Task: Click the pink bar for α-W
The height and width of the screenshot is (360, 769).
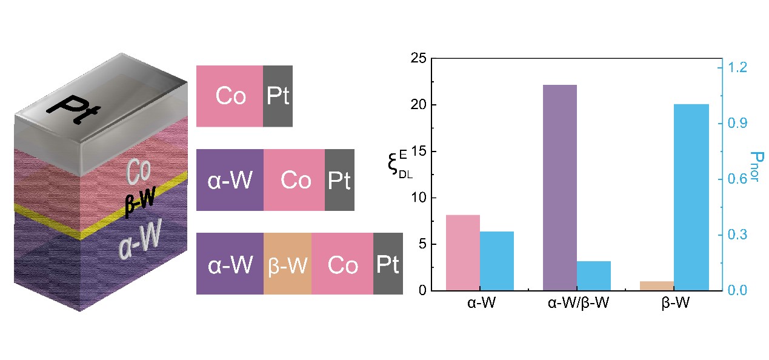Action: click(x=462, y=253)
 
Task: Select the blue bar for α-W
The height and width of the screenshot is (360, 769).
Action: click(x=497, y=261)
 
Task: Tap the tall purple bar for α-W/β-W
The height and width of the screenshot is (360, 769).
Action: click(x=559, y=188)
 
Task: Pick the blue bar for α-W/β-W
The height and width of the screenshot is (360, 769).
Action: click(x=594, y=276)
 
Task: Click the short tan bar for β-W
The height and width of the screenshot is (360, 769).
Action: click(x=656, y=286)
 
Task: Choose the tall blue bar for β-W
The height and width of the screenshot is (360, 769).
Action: click(x=691, y=198)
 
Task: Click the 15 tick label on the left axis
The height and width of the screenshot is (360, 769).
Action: click(x=418, y=152)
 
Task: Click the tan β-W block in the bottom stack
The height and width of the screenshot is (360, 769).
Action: click(x=287, y=264)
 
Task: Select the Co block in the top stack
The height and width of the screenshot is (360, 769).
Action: click(x=230, y=96)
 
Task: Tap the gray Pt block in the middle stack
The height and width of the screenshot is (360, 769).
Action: click(x=339, y=180)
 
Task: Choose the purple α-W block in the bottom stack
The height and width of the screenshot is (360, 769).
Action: click(x=230, y=264)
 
